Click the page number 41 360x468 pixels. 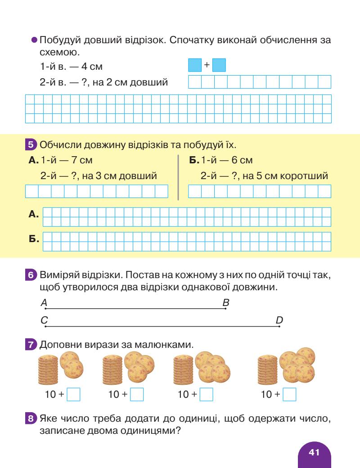(314, 452)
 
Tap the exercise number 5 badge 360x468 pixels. (31, 145)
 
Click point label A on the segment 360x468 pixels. (44, 303)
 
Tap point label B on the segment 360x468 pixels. (226, 303)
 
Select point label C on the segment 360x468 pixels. (44, 320)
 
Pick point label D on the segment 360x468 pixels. (279, 320)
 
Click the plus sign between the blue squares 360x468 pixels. (207, 65)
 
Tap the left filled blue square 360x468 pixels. (195, 65)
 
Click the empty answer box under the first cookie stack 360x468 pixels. (73, 395)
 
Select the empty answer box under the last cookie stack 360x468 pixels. (290, 395)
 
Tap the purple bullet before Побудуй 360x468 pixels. (34, 40)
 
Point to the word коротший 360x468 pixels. (306, 176)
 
